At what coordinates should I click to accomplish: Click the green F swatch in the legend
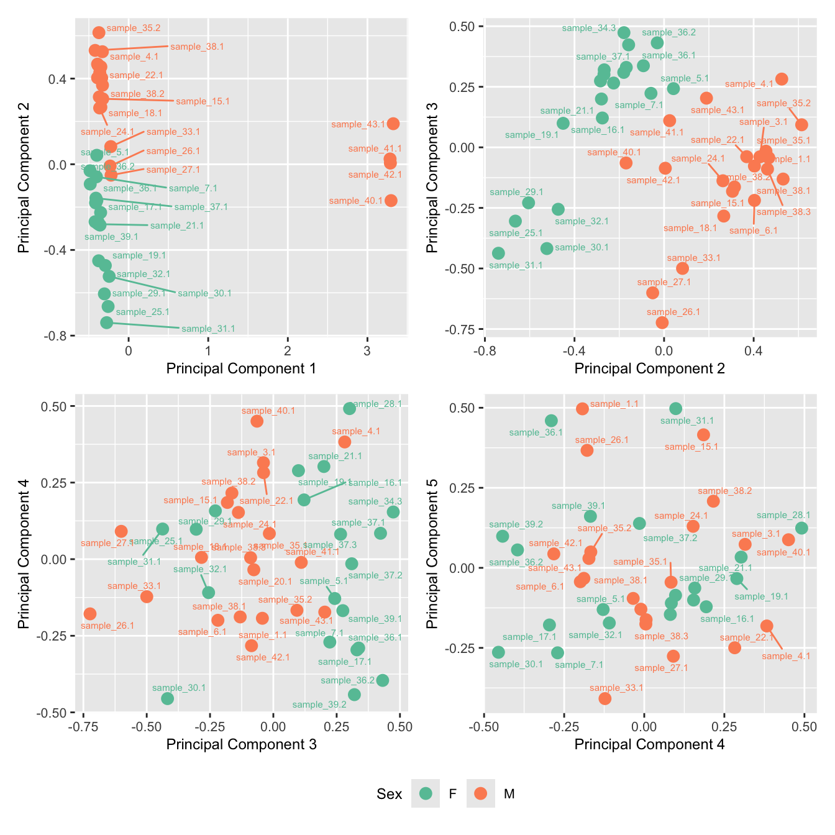(x=426, y=793)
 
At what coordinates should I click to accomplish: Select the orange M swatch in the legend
(x=481, y=793)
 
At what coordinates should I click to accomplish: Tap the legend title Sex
(x=389, y=794)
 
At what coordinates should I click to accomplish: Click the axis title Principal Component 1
(x=241, y=368)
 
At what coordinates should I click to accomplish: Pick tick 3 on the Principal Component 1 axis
(x=367, y=350)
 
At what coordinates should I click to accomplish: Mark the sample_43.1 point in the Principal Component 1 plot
(x=393, y=124)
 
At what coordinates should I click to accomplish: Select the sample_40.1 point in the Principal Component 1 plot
(x=391, y=200)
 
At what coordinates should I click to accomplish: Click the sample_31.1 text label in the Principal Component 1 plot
(x=208, y=329)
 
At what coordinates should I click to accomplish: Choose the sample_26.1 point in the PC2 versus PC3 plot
(x=662, y=322)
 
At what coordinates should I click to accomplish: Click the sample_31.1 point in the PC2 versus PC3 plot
(x=498, y=253)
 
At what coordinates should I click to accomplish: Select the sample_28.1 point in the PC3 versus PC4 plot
(x=350, y=408)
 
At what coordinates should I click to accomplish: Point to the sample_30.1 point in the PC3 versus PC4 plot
(x=167, y=698)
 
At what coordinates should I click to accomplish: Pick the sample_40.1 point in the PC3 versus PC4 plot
(x=257, y=421)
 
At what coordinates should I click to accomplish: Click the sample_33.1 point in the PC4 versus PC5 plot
(x=605, y=698)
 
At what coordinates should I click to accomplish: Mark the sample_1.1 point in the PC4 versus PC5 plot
(x=582, y=409)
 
